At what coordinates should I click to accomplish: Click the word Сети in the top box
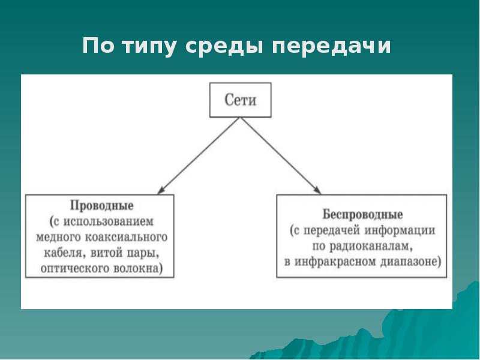click(x=240, y=100)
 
